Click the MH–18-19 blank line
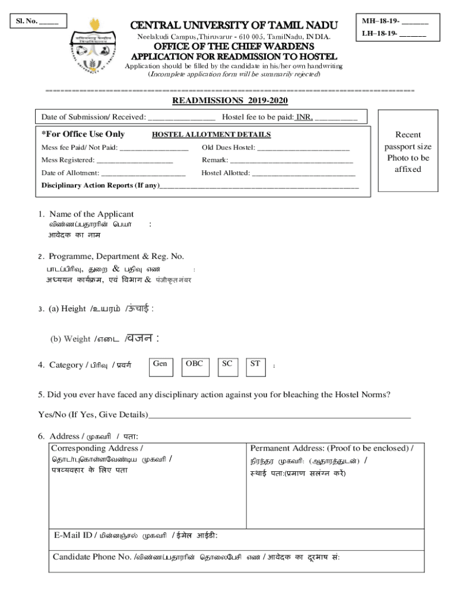tap(414, 23)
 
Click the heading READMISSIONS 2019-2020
tap(230, 100)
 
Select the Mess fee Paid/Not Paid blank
tap(154, 148)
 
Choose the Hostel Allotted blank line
tap(303, 174)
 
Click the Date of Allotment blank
tap(143, 174)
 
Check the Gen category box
tap(160, 367)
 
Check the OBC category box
tap(195, 367)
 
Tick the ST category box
tap(255, 367)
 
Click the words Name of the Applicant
tap(91, 214)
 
